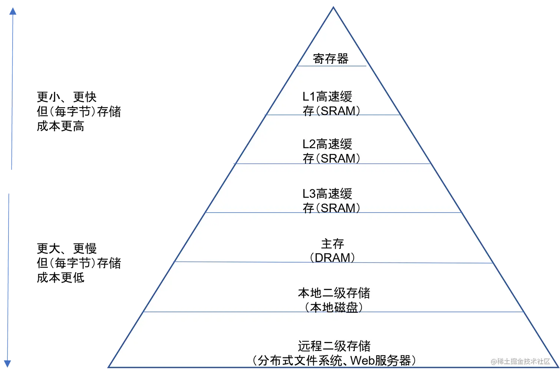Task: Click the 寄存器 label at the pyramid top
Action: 331,59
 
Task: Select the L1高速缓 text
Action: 327,97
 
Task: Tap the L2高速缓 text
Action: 327,144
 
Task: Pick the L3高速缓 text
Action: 327,194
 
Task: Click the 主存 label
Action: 332,244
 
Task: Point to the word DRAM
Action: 332,258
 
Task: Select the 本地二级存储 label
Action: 334,293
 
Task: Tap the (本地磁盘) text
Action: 334,307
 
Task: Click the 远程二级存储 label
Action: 334,346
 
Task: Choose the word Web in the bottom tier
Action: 362,361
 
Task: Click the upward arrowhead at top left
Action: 13,12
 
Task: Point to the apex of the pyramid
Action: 333,7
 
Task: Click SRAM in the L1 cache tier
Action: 338,111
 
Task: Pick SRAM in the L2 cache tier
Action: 338,158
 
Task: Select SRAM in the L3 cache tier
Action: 338,208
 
